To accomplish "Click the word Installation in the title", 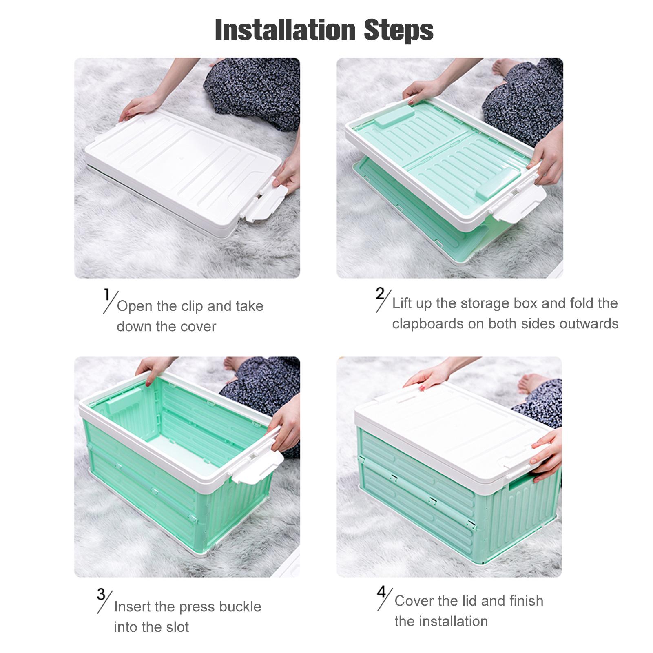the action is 285,30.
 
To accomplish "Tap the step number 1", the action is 107,295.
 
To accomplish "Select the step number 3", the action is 101,594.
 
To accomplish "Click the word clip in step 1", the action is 192,306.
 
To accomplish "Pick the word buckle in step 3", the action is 240,607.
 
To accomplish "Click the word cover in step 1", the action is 196,327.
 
